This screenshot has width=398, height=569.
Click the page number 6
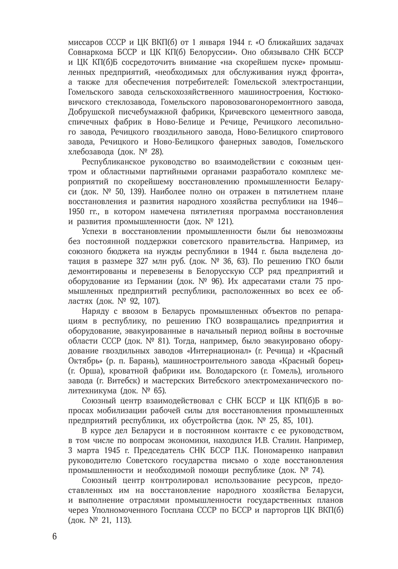[55, 536]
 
